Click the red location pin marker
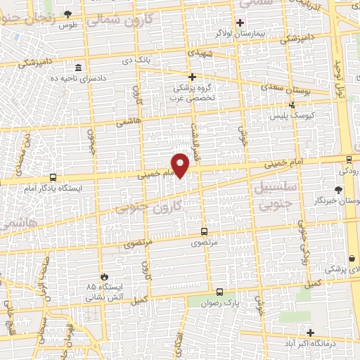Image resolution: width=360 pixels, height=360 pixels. click(x=181, y=165)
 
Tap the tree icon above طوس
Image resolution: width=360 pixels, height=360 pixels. click(x=67, y=14)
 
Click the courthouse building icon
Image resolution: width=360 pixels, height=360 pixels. click(x=77, y=67)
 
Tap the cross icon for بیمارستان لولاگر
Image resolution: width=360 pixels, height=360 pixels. click(x=240, y=22)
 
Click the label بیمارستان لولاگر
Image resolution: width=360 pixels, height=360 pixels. click(x=264, y=33)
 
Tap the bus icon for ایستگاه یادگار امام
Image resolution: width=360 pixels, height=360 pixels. click(x=53, y=178)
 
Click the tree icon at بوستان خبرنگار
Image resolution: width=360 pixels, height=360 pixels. click(x=339, y=189)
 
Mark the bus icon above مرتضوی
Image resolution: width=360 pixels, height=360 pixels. click(x=204, y=231)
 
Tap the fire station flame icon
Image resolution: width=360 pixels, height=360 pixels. click(x=105, y=276)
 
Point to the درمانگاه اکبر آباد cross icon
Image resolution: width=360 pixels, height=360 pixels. click(x=310, y=332)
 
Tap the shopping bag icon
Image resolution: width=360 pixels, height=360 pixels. click(x=352, y=258)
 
